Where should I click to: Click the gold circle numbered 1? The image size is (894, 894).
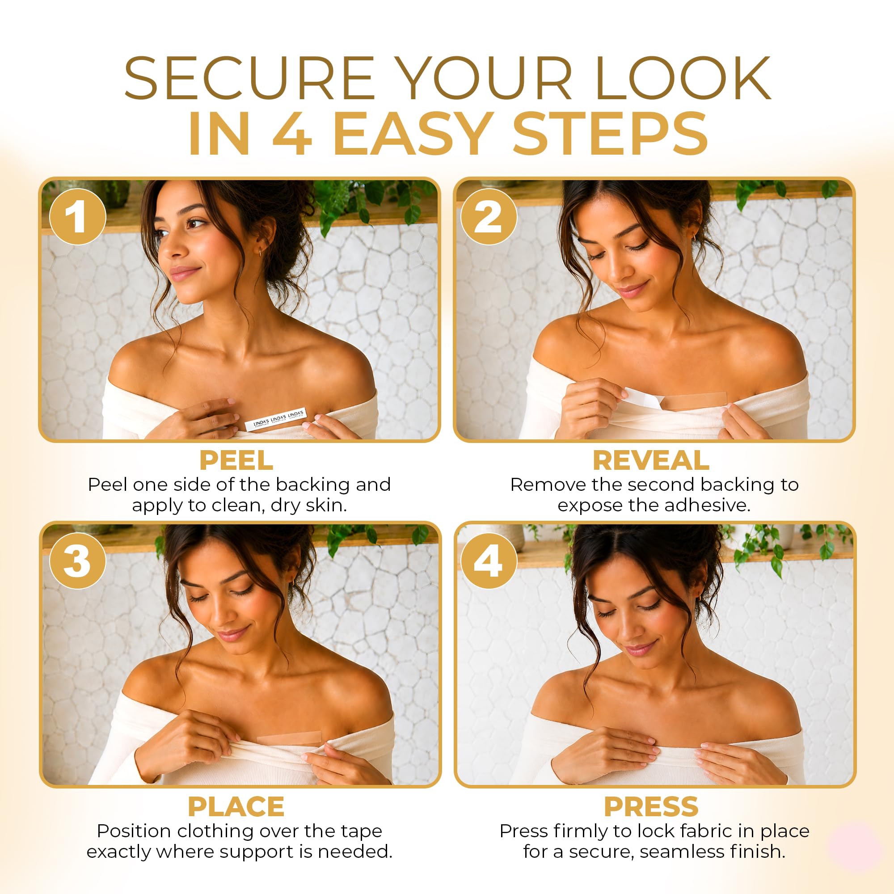77,216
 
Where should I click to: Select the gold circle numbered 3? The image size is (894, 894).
77,561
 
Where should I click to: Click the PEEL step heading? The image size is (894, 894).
236,460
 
